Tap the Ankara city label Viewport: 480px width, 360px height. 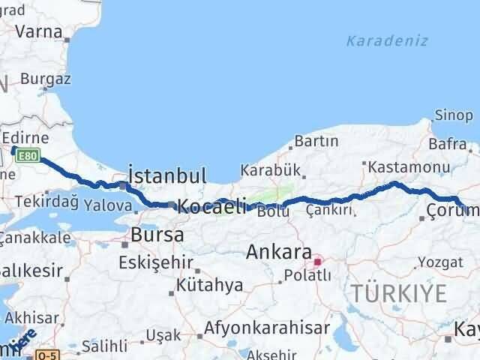[278, 252]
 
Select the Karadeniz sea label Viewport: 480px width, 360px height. [387, 40]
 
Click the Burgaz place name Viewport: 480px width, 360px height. [46, 78]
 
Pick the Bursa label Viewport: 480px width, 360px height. [157, 235]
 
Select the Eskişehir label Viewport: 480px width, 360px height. [156, 263]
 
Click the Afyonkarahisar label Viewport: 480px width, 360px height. [268, 328]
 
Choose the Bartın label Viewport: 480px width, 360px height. [316, 140]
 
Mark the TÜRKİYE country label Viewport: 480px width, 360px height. [400, 292]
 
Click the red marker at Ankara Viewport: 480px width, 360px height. [317, 262]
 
